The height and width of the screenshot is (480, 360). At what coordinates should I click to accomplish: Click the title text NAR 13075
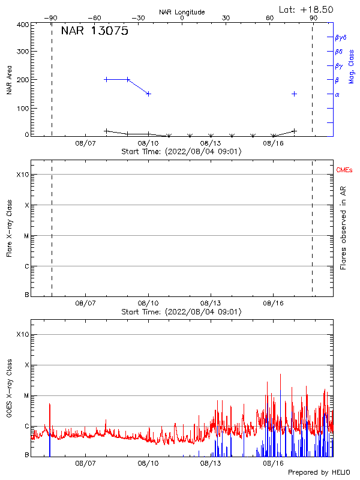pyautogui.click(x=94, y=32)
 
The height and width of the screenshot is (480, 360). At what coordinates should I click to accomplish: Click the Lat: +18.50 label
pyautogui.click(x=307, y=10)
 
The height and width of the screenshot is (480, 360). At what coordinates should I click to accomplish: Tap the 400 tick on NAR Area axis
pyautogui.click(x=23, y=25)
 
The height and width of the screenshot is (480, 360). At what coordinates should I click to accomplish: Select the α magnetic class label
pyautogui.click(x=337, y=94)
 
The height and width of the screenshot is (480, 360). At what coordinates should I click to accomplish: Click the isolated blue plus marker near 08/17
pyautogui.click(x=294, y=94)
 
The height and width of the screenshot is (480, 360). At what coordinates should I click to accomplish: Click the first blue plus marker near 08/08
pyautogui.click(x=106, y=79)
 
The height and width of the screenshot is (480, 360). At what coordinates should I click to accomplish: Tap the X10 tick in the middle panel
pyautogui.click(x=22, y=175)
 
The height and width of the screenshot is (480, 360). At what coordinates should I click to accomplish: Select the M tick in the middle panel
pyautogui.click(x=26, y=236)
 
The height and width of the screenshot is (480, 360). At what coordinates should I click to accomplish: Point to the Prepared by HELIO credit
pyautogui.click(x=319, y=473)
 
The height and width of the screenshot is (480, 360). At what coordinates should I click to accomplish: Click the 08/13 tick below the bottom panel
pyautogui.click(x=211, y=463)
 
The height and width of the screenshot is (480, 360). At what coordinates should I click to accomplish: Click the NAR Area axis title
pyautogui.click(x=9, y=81)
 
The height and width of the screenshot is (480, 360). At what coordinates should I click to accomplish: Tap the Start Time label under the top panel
pyautogui.click(x=182, y=152)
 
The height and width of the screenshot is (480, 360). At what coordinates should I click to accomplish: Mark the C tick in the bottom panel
pyautogui.click(x=26, y=426)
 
